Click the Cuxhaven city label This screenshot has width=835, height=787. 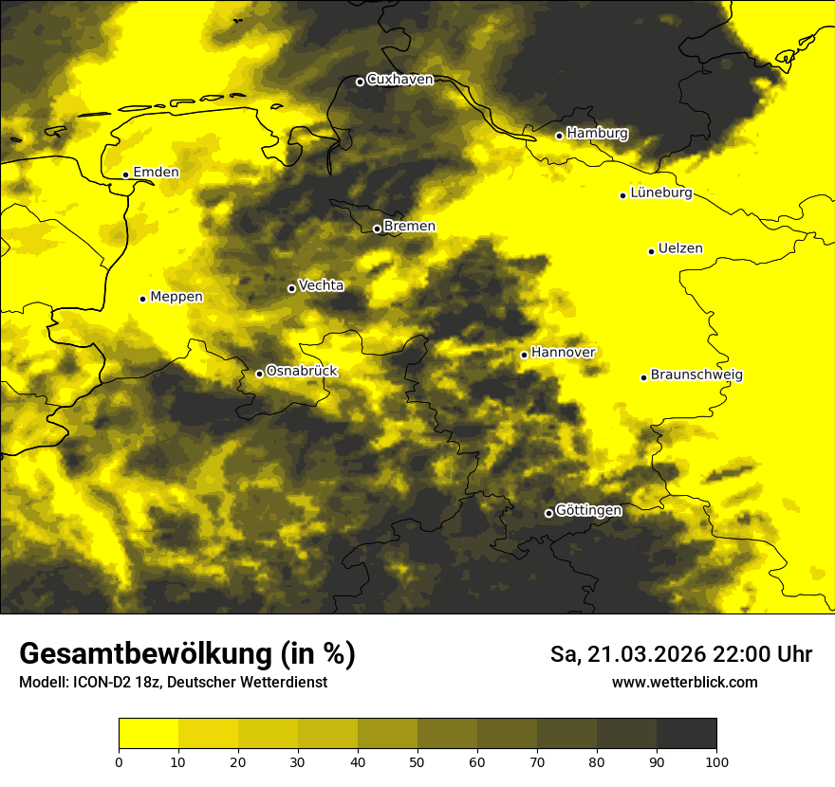(399, 80)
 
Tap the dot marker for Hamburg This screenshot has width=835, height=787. (560, 136)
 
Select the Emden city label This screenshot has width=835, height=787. (156, 172)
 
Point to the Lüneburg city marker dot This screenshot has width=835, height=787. (623, 195)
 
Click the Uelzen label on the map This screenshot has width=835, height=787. (680, 248)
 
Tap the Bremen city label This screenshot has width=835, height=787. (410, 226)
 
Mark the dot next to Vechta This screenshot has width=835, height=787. (292, 288)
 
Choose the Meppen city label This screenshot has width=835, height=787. (176, 297)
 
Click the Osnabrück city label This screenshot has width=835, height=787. (302, 371)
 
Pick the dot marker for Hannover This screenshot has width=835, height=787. (524, 355)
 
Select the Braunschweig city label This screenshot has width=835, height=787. (696, 375)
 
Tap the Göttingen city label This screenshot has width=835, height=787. (588, 510)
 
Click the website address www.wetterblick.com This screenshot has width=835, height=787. (684, 682)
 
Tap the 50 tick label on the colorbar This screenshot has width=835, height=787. (417, 760)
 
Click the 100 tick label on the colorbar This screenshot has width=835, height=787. (716, 760)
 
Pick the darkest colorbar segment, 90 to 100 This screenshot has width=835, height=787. (686, 733)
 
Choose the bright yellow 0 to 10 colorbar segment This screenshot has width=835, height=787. (148, 733)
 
